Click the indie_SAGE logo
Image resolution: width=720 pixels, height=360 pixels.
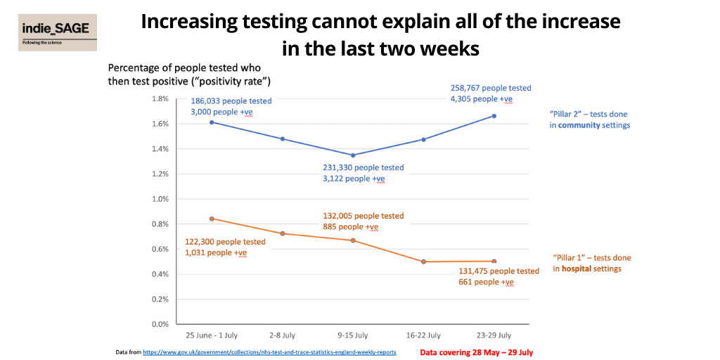tap(58, 32)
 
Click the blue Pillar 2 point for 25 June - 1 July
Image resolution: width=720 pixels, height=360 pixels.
tap(212, 122)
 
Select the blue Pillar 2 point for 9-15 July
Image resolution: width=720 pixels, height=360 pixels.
tap(353, 155)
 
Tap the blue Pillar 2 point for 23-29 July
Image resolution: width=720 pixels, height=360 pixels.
tap(494, 116)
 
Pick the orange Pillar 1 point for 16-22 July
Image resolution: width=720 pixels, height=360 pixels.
tap(424, 262)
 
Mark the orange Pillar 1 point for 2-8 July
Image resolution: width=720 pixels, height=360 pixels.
tap(282, 233)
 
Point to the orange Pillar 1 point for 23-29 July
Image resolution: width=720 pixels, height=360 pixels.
tap(494, 262)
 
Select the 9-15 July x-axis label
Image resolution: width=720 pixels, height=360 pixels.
tap(353, 335)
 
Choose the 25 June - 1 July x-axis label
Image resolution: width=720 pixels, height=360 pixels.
tap(212, 335)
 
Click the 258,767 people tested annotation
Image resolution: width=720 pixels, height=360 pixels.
tap(491, 88)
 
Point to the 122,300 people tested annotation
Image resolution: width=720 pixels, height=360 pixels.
tap(225, 242)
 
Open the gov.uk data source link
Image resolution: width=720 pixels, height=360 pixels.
tap(269, 352)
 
